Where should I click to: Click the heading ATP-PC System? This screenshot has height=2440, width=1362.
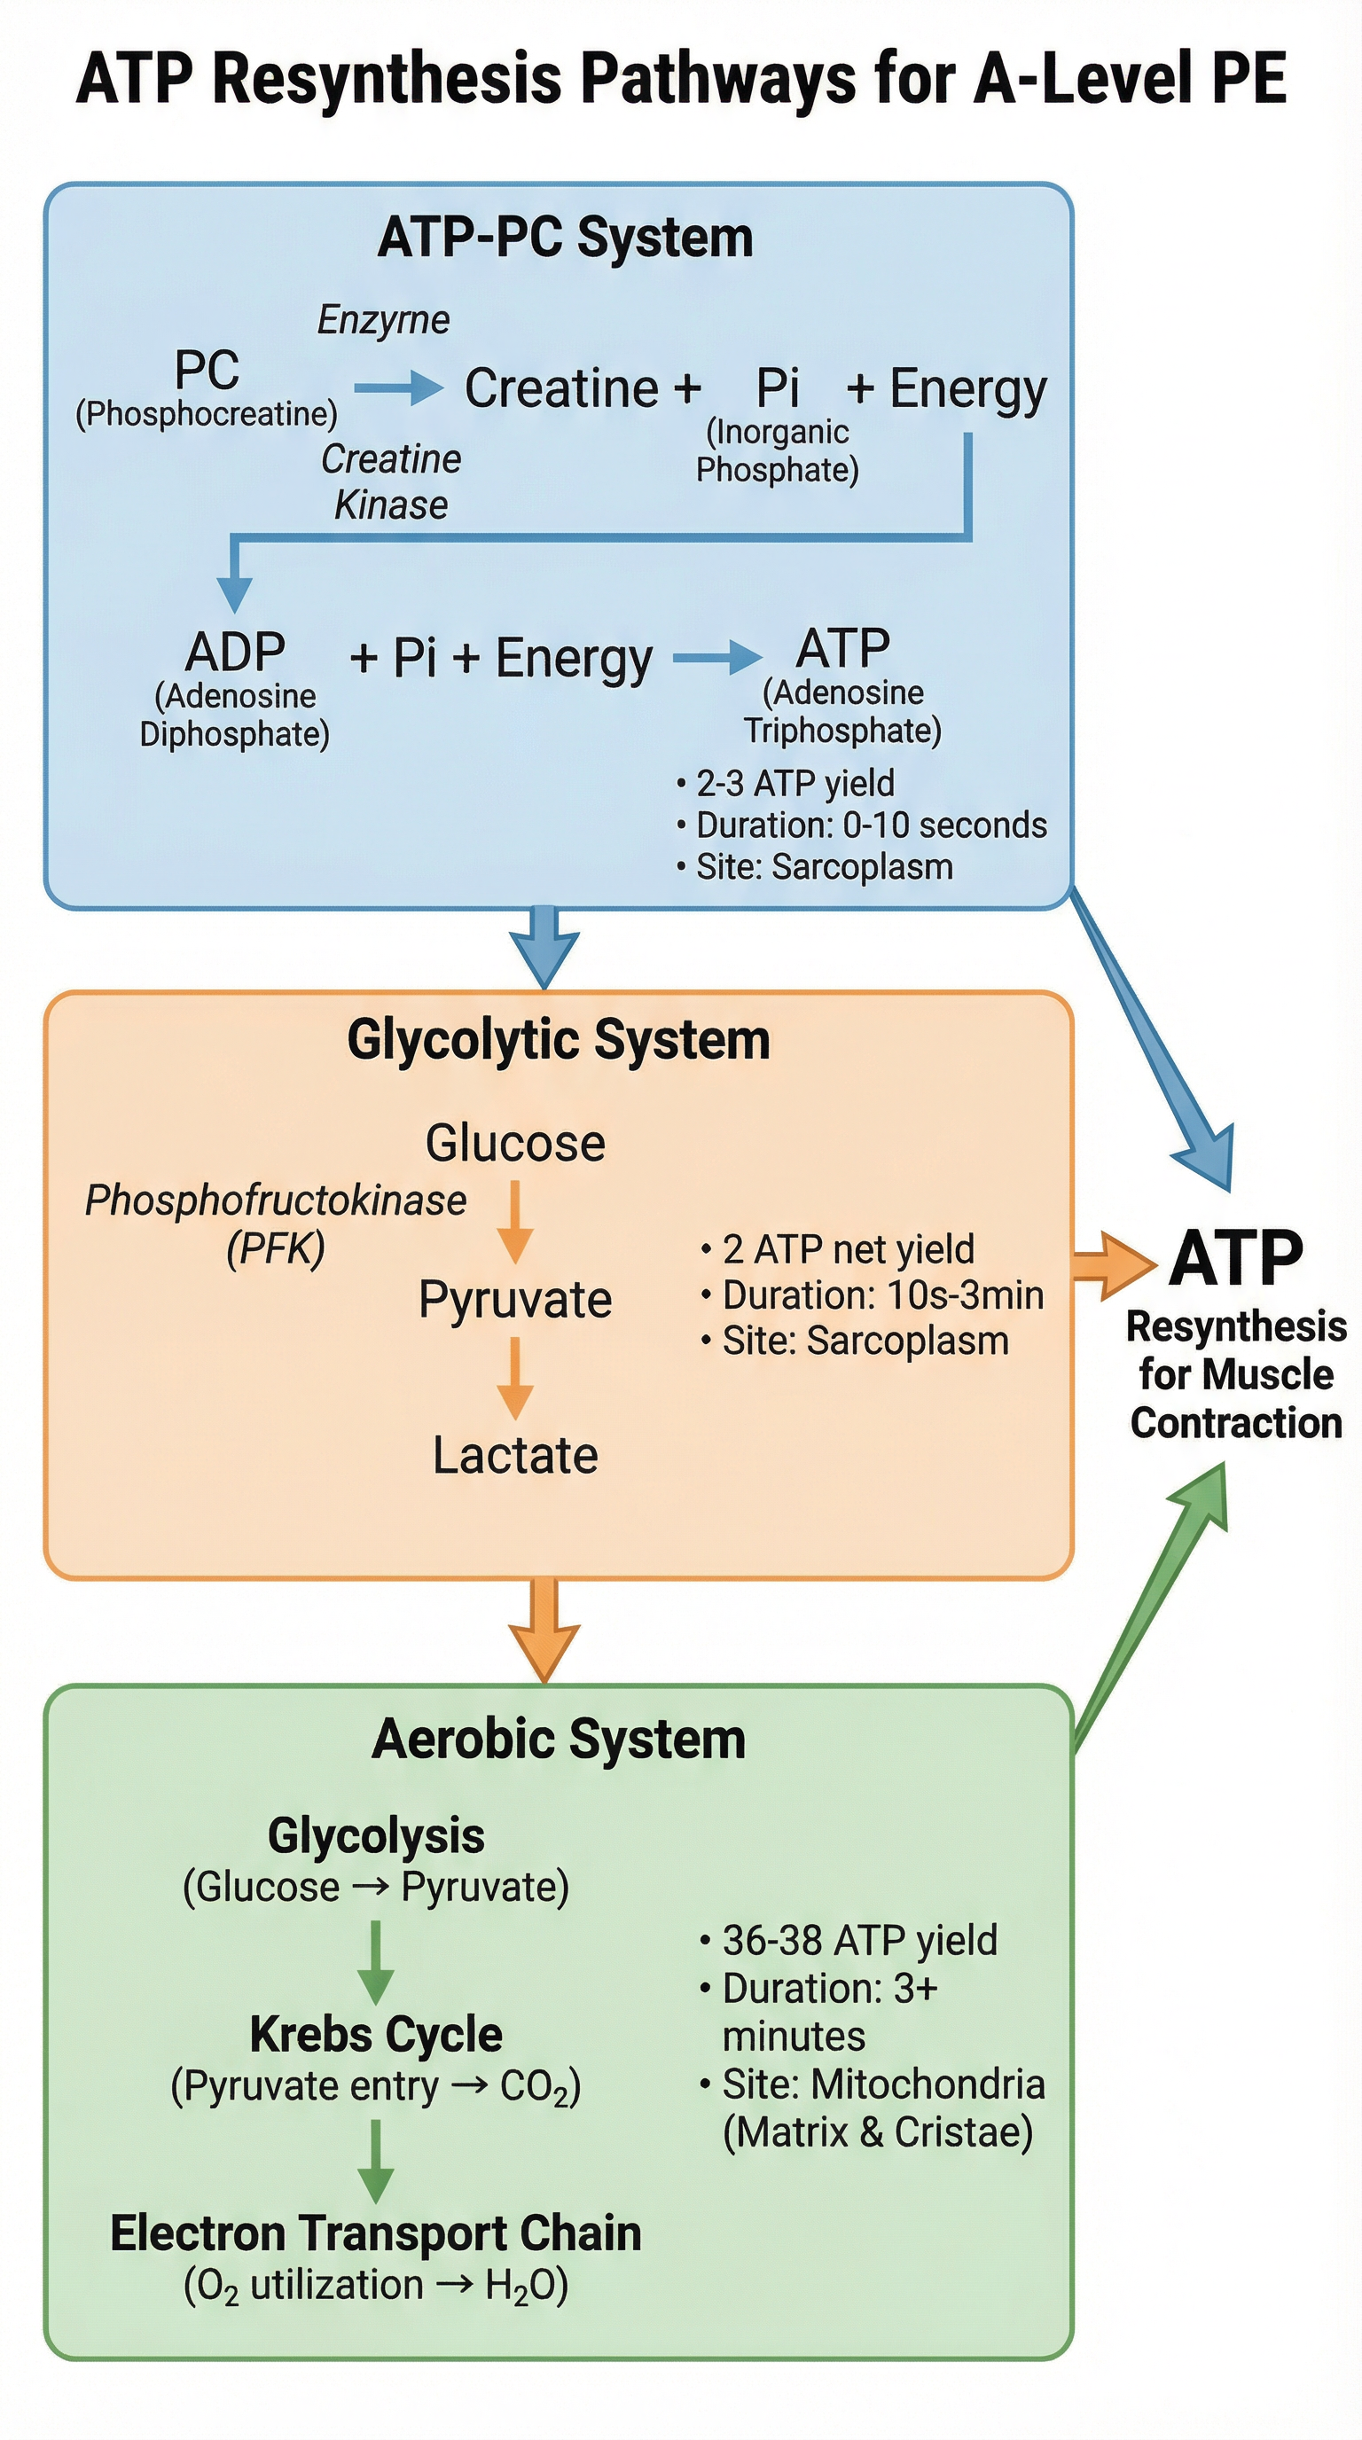pyautogui.click(x=565, y=237)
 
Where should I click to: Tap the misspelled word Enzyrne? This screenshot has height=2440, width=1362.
pyautogui.click(x=383, y=320)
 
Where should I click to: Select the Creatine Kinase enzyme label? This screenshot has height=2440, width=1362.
pyautogui.click(x=390, y=481)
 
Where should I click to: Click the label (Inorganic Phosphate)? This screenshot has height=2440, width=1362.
pyautogui.click(x=777, y=451)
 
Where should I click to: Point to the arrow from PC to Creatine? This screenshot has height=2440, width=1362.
pyautogui.click(x=398, y=387)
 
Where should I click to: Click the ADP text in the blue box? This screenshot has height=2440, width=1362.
pyautogui.click(x=235, y=653)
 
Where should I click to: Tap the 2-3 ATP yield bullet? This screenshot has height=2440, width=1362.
pyautogui.click(x=794, y=784)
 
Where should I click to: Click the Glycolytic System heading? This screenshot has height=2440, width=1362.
pyautogui.click(x=558, y=1040)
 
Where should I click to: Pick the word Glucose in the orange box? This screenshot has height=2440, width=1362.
pyautogui.click(x=514, y=1142)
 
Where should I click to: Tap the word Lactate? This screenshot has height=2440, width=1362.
pyautogui.click(x=514, y=1455)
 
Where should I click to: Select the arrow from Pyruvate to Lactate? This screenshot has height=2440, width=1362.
pyautogui.click(x=514, y=1377)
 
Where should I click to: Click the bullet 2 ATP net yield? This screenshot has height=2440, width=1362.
pyautogui.click(x=847, y=1249)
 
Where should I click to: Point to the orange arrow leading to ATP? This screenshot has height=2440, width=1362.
pyautogui.click(x=1114, y=1264)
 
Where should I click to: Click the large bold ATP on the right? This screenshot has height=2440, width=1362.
pyautogui.click(x=1235, y=1259)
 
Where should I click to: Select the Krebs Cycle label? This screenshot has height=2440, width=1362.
pyautogui.click(x=376, y=2035)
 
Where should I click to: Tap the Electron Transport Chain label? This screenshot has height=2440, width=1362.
pyautogui.click(x=376, y=2233)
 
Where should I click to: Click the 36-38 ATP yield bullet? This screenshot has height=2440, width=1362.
pyautogui.click(x=858, y=1941)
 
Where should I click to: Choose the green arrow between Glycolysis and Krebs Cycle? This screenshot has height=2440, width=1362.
pyautogui.click(x=376, y=1960)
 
